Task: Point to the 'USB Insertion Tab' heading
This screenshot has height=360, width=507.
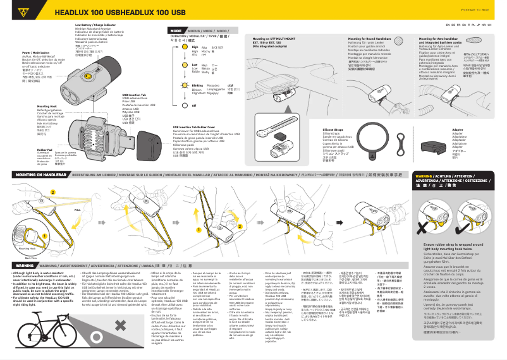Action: pyautogui.click(x=133, y=95)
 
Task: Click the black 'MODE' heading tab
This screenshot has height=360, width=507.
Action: pyautogui.click(x=176, y=30)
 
